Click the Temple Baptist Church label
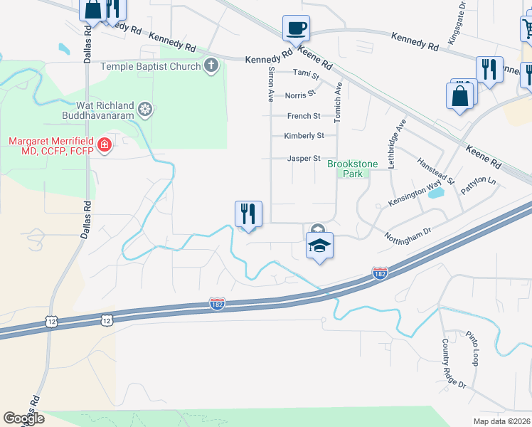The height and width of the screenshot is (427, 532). [151, 66]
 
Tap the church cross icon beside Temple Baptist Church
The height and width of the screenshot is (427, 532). [211, 66]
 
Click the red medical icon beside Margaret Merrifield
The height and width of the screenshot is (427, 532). [105, 146]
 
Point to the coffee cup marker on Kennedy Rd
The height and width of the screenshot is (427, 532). [296, 28]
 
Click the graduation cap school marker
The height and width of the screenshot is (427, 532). [319, 246]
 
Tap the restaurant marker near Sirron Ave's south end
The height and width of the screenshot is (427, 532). [248, 214]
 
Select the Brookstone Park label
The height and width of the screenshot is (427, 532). [345, 169]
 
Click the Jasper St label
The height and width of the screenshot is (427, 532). [304, 159]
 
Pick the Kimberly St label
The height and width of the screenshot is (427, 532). [304, 135]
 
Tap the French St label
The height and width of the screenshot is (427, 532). [304, 116]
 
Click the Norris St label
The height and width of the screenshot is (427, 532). [300, 95]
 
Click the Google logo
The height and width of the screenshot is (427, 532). [24, 418]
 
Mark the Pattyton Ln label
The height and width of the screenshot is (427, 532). [478, 186]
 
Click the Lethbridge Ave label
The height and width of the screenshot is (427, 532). [396, 143]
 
